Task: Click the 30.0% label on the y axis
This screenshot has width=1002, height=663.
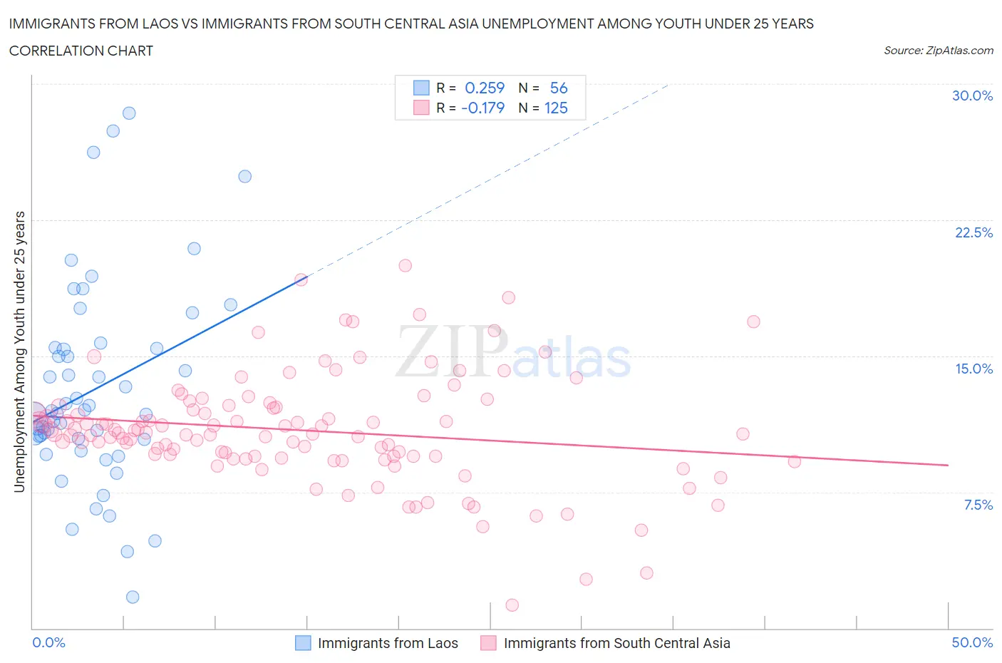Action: click(972, 96)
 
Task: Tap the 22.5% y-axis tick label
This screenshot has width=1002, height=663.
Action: click(973, 232)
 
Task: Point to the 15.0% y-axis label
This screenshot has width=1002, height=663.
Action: click(973, 369)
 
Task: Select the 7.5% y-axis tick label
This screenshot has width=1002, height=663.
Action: click(978, 505)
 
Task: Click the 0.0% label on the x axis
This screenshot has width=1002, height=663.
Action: click(48, 642)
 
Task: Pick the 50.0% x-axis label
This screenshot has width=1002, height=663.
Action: click(972, 642)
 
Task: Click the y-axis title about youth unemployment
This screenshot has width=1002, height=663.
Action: click(19, 351)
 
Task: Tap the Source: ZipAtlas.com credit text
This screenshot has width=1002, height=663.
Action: click(938, 50)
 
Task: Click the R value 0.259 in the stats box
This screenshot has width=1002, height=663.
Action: click(485, 88)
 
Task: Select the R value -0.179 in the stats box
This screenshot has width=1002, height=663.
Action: click(482, 108)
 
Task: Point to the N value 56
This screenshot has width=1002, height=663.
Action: click(559, 88)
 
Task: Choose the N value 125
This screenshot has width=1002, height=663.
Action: click(556, 108)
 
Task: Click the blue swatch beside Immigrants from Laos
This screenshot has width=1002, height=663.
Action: click(303, 643)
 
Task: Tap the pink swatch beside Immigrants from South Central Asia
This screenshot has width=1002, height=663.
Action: click(488, 643)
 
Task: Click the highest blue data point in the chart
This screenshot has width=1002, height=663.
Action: click(129, 113)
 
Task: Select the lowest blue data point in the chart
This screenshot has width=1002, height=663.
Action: click(133, 597)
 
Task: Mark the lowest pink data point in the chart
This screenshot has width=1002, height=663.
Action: click(512, 605)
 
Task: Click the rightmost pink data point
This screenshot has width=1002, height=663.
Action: click(795, 461)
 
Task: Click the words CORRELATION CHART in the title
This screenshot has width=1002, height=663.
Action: click(81, 51)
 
